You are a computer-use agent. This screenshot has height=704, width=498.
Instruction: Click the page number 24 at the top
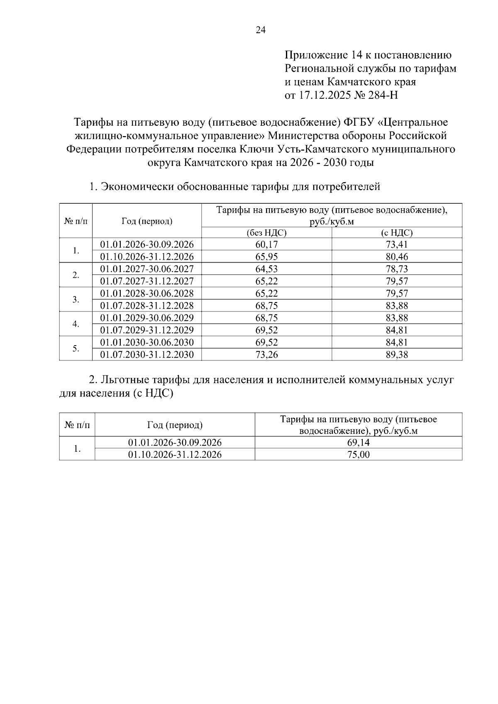[261, 30]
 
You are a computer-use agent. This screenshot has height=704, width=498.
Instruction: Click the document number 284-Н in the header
[383, 95]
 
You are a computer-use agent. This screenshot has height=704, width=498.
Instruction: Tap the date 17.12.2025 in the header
[325, 95]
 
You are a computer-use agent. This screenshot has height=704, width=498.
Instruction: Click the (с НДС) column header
[396, 233]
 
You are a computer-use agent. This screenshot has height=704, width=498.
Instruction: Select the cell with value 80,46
[396, 257]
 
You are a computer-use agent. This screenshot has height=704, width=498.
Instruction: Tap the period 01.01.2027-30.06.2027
[147, 269]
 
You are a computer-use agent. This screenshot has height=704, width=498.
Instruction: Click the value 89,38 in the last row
[396, 355]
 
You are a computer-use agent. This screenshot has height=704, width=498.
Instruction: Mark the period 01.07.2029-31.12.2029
[147, 330]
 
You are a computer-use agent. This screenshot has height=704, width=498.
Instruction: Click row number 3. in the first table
[76, 300]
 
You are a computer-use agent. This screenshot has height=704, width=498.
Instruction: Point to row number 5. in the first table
[76, 348]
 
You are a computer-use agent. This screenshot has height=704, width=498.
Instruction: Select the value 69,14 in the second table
[358, 443]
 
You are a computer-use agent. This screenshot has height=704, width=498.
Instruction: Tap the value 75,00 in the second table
[358, 455]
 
